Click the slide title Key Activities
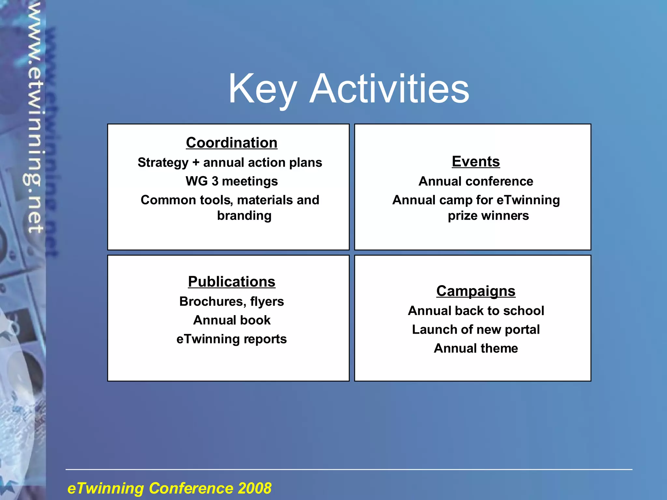click(x=348, y=89)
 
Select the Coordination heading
click(x=232, y=143)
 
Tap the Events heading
click(x=475, y=161)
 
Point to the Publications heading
click(x=232, y=282)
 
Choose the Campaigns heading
click(x=475, y=291)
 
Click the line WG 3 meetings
click(x=232, y=181)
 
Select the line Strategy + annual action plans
click(x=230, y=162)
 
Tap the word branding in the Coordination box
click(x=244, y=215)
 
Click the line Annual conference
click(x=475, y=181)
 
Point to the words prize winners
click(x=488, y=215)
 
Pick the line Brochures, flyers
click(x=232, y=301)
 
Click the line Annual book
click(x=232, y=320)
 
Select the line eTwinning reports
click(x=232, y=339)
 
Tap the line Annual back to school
click(x=475, y=311)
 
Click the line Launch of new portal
click(x=475, y=329)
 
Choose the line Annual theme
click(x=475, y=348)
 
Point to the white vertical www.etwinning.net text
click(x=34, y=117)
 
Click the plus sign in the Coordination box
click(x=196, y=162)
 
